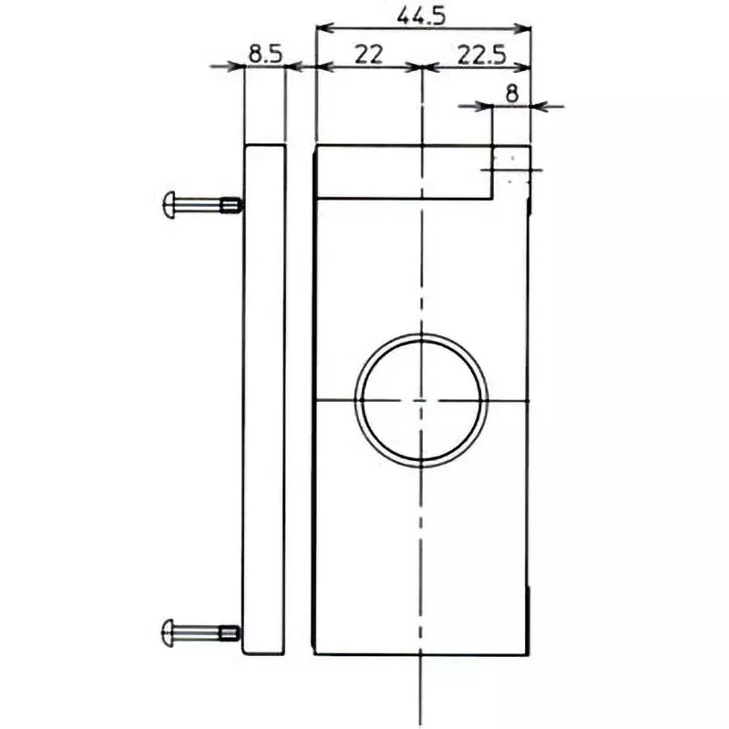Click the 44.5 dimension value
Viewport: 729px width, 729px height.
pyautogui.click(x=423, y=15)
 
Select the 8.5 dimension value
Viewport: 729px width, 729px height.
pyautogui.click(x=264, y=54)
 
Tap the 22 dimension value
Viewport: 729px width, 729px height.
pyautogui.click(x=368, y=54)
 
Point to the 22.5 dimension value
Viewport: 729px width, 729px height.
pyautogui.click(x=481, y=54)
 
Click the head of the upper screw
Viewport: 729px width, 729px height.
pyautogui.click(x=169, y=202)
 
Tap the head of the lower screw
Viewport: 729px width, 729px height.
pyautogui.click(x=169, y=630)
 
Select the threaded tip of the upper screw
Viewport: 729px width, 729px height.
pyautogui.click(x=231, y=204)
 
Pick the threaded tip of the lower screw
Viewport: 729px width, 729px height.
pyautogui.click(x=231, y=631)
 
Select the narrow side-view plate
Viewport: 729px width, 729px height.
pyautogui.click(x=264, y=399)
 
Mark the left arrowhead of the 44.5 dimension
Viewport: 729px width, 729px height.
pyautogui.click(x=321, y=27)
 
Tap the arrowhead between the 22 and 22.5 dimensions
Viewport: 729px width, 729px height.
pyautogui.click(x=422, y=67)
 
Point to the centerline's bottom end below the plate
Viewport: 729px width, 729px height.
pyautogui.click(x=421, y=720)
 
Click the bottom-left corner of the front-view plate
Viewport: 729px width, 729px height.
pyautogui.click(x=314, y=653)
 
